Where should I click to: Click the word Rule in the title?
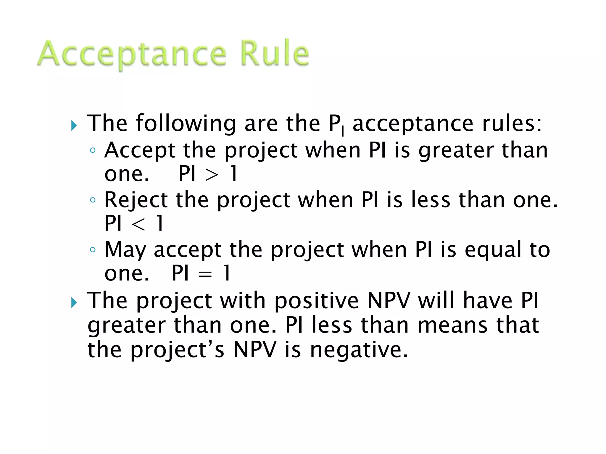(x=274, y=53)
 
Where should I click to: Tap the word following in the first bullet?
(x=186, y=123)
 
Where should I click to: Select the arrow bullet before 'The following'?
(x=74, y=126)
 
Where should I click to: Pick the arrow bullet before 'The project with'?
(x=74, y=303)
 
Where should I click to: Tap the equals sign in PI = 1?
(x=205, y=274)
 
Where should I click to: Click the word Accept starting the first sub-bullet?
(x=140, y=150)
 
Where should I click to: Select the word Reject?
(x=136, y=200)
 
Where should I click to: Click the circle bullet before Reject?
(x=93, y=200)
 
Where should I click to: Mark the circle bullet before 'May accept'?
(x=93, y=250)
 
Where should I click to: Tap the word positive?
(x=316, y=301)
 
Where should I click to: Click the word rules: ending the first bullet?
(x=512, y=123)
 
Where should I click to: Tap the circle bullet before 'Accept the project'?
(x=93, y=150)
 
